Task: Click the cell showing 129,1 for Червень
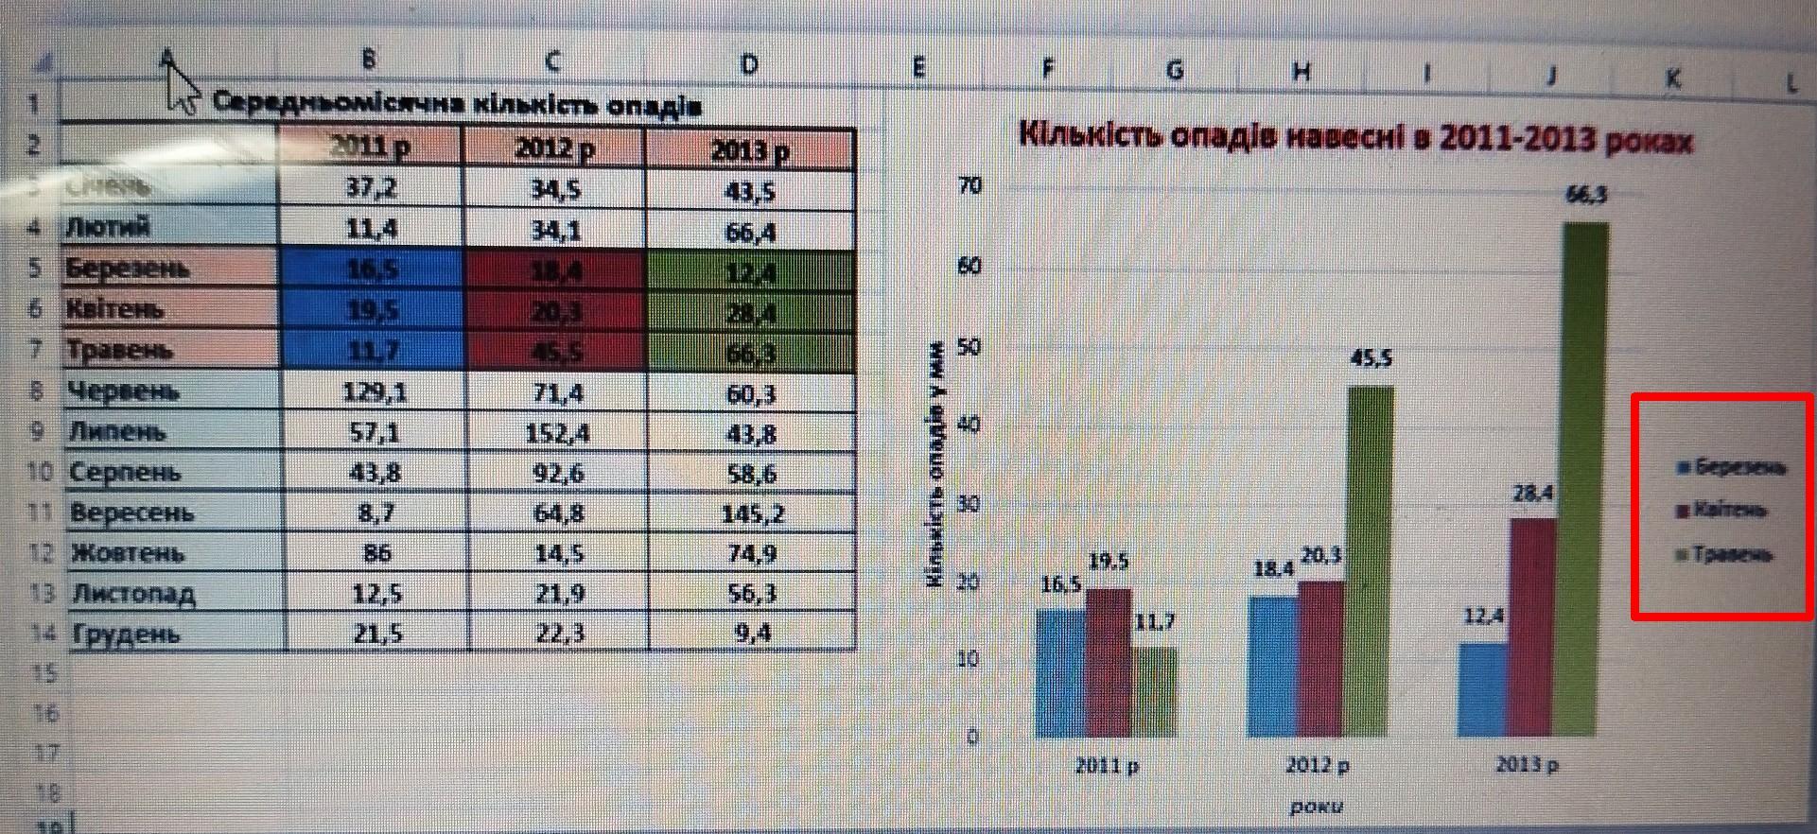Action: click(375, 391)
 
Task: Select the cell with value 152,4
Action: click(557, 433)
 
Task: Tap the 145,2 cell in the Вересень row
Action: click(750, 513)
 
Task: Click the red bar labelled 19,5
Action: click(1109, 662)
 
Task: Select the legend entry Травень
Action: click(1731, 555)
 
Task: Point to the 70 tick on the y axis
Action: click(970, 185)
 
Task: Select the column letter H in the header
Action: click(1302, 71)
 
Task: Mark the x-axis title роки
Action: click(1316, 807)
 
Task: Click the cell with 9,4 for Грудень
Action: click(752, 633)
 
